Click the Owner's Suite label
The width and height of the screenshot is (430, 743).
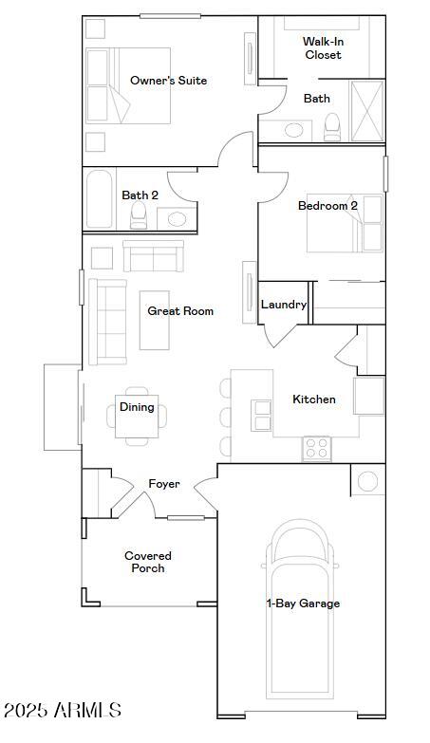[x=168, y=81]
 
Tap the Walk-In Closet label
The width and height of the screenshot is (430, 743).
[x=323, y=48]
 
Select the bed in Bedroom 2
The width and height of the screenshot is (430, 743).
[x=345, y=224]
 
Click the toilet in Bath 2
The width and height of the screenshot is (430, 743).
[x=139, y=214]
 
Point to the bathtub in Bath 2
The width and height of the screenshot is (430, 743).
[x=101, y=200]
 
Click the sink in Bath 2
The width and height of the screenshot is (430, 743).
[x=177, y=219]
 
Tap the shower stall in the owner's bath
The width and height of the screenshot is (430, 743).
[x=367, y=111]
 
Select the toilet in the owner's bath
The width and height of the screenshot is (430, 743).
[x=332, y=126]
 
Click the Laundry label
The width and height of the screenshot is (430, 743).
[x=284, y=305]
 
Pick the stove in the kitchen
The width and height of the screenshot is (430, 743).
[x=316, y=448]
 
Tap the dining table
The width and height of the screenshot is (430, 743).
[x=137, y=416]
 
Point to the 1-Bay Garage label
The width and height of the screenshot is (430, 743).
[x=303, y=604]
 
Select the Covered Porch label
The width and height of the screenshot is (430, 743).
[x=147, y=562]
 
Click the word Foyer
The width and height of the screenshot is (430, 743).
[x=164, y=484]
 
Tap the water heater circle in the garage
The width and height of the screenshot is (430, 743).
[x=367, y=481]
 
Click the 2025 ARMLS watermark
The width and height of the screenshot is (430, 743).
[x=63, y=710]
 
